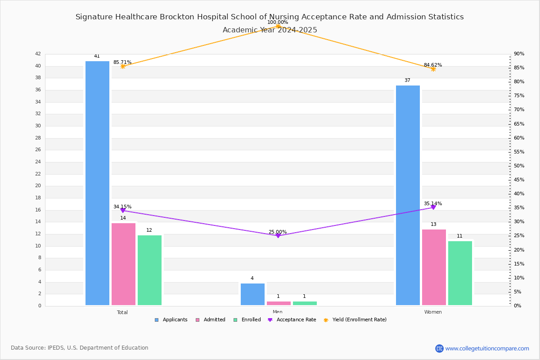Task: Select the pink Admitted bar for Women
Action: [x=434, y=267]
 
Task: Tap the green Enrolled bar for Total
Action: [x=149, y=270]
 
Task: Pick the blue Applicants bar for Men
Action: [x=252, y=294]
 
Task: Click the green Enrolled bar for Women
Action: [x=460, y=273]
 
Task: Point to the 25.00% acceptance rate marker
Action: [x=278, y=236]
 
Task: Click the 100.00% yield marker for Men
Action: [x=278, y=26]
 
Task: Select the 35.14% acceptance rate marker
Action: [x=433, y=207]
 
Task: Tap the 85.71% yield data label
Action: [x=122, y=62]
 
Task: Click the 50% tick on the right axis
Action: [x=519, y=166]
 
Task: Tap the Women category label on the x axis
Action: [x=433, y=312]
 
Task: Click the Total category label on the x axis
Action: [x=122, y=312]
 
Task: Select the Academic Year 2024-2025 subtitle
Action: [x=270, y=30]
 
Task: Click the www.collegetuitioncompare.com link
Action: [x=487, y=348]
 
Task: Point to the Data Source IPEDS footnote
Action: [x=80, y=348]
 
